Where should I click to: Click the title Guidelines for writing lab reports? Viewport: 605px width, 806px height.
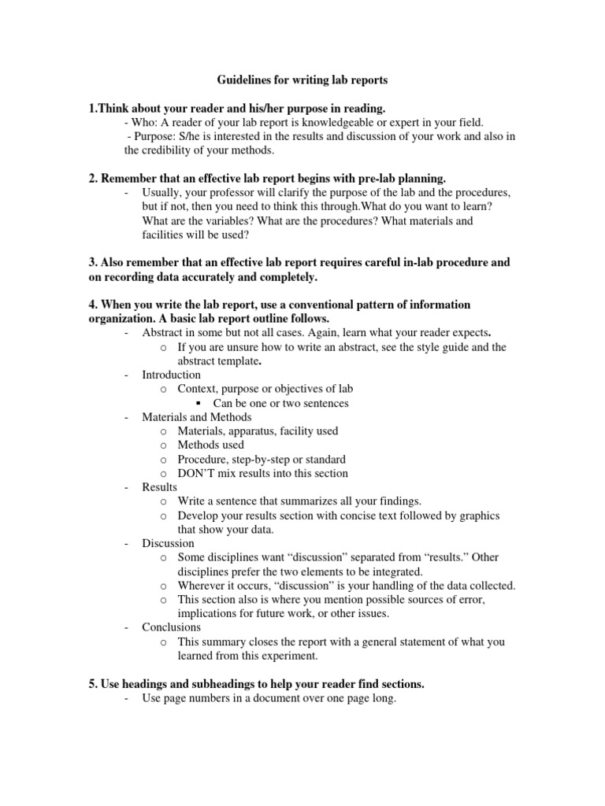pyautogui.click(x=302, y=80)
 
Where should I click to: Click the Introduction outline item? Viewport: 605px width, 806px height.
pyautogui.click(x=171, y=375)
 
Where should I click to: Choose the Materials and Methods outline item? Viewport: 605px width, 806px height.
pyautogui.click(x=197, y=417)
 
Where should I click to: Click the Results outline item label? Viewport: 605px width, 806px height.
pyautogui.click(x=160, y=487)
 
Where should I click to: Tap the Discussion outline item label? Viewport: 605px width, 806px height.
pyautogui.click(x=168, y=543)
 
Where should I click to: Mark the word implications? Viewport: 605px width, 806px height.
pyautogui.click(x=210, y=614)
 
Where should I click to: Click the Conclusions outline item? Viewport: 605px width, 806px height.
pyautogui.click(x=171, y=627)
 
